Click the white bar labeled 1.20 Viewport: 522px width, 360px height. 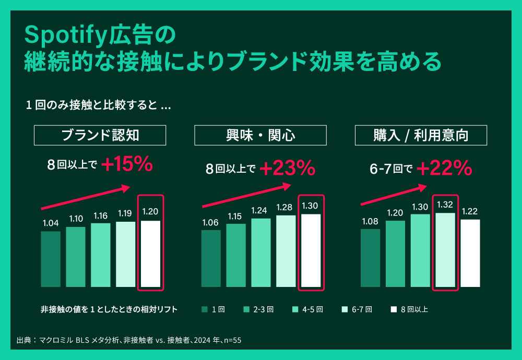pos(150,254)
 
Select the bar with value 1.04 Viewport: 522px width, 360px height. pos(51,259)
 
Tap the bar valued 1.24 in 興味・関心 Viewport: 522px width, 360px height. pos(261,253)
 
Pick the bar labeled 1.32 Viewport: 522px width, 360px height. pos(445,250)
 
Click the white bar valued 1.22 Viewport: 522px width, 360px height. pos(470,253)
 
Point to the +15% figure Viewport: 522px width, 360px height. pos(127,165)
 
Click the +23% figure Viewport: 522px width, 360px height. pos(287,168)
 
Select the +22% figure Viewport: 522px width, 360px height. pos(444,168)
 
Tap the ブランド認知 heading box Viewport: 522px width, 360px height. pos(100,136)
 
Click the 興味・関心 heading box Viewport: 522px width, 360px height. pos(260,136)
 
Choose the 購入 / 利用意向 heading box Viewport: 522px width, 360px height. pos(421,136)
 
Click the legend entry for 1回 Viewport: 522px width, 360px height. pos(213,309)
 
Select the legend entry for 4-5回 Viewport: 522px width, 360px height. pos(308,309)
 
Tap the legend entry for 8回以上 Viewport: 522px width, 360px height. pos(410,309)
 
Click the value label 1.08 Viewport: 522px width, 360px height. pos(371,221)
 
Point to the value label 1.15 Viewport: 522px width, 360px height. pos(236,216)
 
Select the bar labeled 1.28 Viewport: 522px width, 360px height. pos(286,251)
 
